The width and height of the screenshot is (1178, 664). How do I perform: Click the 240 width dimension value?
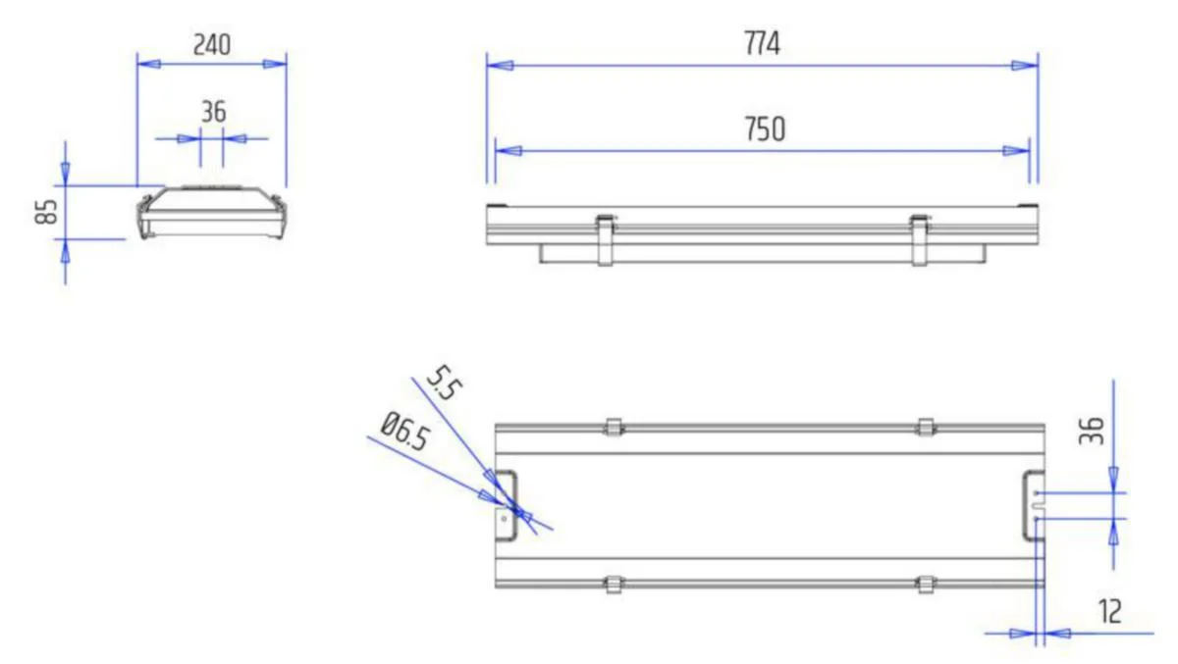point(212,45)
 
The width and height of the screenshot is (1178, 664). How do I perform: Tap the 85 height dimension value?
point(46,212)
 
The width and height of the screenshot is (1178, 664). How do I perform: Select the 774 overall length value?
point(762,43)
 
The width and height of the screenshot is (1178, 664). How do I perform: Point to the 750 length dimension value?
point(765,128)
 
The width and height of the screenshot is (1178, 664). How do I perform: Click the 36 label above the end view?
point(214,112)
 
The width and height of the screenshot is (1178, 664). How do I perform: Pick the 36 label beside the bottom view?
point(1092,431)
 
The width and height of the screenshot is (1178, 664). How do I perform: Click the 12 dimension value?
point(1110,611)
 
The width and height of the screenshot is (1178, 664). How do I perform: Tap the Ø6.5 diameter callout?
point(404,432)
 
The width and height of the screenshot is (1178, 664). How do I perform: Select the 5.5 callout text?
point(444,383)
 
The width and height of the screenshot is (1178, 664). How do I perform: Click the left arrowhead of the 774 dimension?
point(500,66)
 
